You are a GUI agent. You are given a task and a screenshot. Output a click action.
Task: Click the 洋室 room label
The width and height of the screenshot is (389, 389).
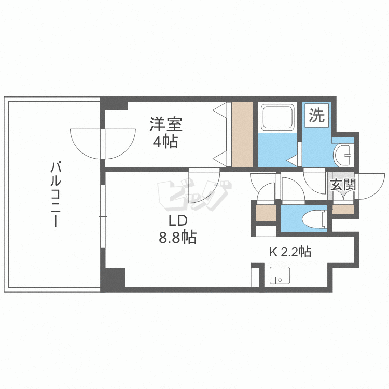(x=166, y=124)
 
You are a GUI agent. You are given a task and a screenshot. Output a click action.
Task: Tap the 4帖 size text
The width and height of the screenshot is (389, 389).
(x=165, y=141)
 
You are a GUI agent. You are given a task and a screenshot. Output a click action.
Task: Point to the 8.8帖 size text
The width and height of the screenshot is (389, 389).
(x=177, y=238)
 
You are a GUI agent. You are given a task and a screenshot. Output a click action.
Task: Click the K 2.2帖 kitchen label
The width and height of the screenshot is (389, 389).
(x=290, y=252)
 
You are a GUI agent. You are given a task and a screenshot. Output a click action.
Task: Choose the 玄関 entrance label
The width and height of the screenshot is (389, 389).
(x=342, y=185)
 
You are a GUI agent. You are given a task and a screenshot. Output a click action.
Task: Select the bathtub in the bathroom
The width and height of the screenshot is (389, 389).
(x=277, y=118)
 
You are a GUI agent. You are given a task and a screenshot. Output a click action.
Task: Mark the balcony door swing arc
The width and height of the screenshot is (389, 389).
(x=88, y=145)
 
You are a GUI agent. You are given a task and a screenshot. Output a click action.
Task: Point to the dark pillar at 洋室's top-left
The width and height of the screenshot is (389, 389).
(x=114, y=103)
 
